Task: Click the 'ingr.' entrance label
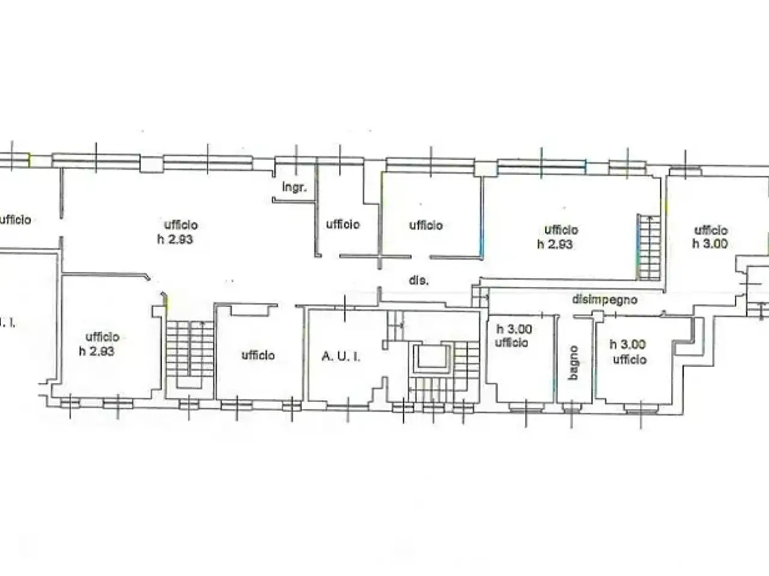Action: click(294, 188)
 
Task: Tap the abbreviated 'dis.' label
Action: click(419, 280)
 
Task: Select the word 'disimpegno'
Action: click(604, 300)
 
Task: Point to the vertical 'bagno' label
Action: click(573, 362)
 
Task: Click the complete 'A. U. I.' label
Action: click(341, 357)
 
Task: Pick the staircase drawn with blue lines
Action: click(649, 247)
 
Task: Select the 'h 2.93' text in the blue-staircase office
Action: click(555, 244)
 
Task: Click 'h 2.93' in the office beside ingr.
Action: click(175, 239)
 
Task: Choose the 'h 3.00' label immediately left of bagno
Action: click(514, 329)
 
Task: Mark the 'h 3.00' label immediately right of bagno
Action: click(627, 345)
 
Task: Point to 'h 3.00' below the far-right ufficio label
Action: click(710, 244)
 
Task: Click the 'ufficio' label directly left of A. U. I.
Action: click(258, 356)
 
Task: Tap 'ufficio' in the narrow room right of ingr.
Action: click(343, 224)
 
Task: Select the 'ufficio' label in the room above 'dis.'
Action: click(426, 225)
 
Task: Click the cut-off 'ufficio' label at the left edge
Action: click(16, 220)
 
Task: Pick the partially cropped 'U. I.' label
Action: click(7, 323)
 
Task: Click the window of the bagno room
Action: click(571, 408)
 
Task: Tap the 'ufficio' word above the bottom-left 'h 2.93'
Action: click(103, 337)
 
